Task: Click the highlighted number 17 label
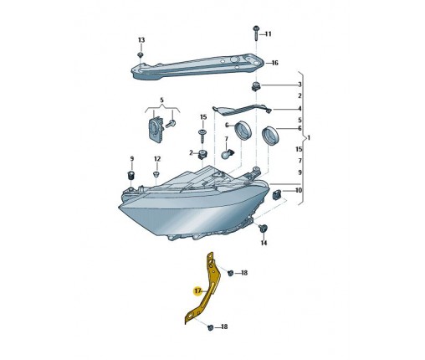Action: coord(197,291)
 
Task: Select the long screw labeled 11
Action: coord(255,33)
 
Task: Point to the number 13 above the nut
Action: coord(141,40)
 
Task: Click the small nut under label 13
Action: coord(141,54)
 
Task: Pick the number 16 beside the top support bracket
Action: coord(274,63)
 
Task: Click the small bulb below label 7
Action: coord(228,154)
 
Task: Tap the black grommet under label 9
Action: coord(131,175)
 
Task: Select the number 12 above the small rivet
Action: coord(157,159)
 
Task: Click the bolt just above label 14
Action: coord(263,229)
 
